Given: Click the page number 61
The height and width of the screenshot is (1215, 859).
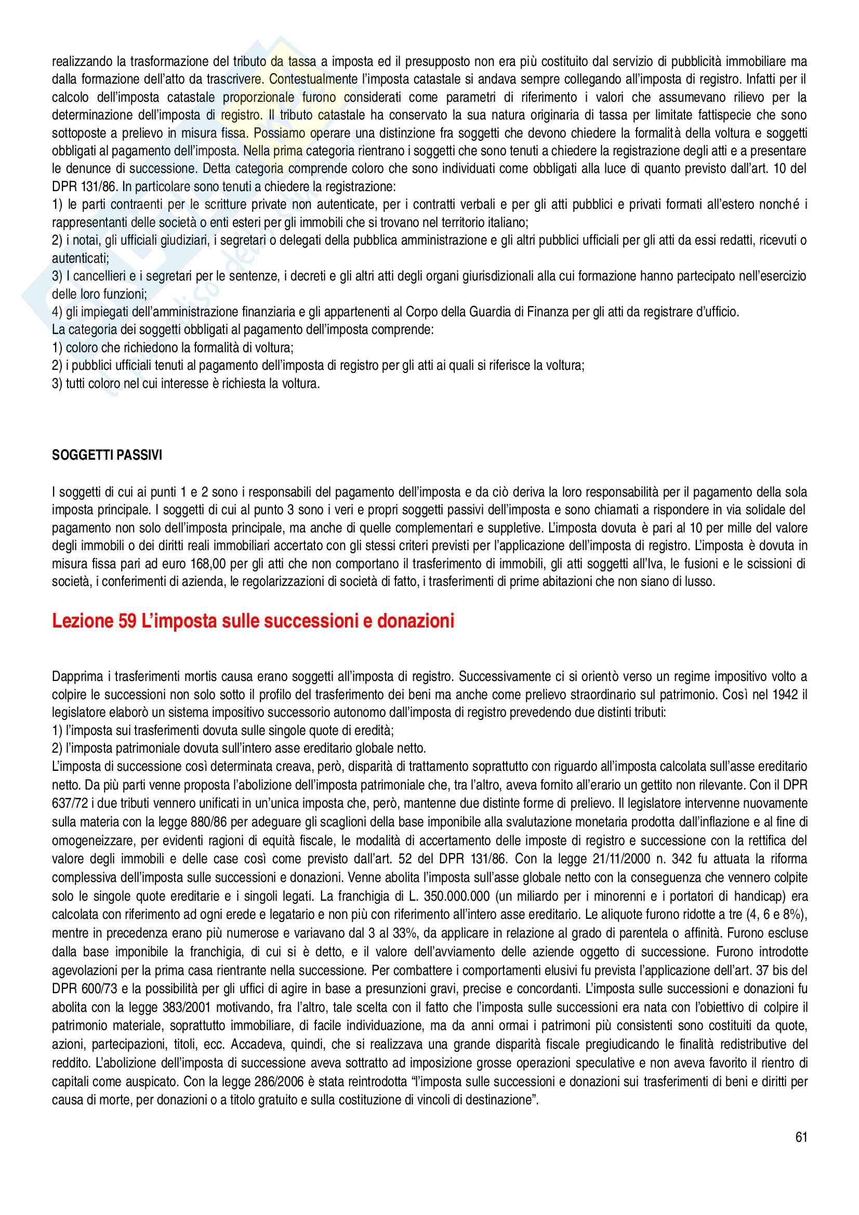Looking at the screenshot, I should [x=801, y=1137].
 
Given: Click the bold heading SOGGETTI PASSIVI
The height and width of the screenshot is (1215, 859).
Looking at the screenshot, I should [x=107, y=455].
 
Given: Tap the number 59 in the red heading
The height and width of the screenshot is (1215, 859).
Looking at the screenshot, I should [x=127, y=621].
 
